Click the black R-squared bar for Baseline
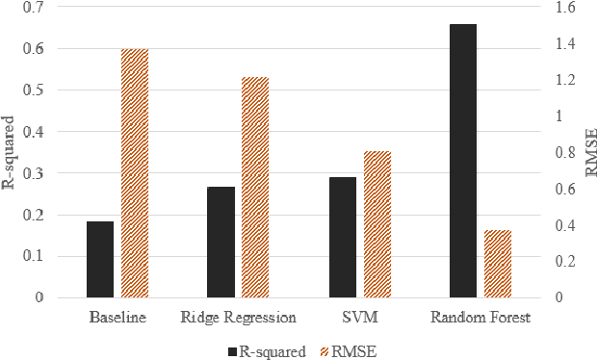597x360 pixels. point(100,259)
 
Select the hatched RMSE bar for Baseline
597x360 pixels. point(134,173)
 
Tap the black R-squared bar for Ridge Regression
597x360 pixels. point(221,242)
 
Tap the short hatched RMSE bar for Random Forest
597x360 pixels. point(498,264)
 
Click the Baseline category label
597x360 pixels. point(117,317)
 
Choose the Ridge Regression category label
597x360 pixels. point(238,317)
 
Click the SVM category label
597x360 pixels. point(359,317)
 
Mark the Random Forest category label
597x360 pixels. point(480,317)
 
